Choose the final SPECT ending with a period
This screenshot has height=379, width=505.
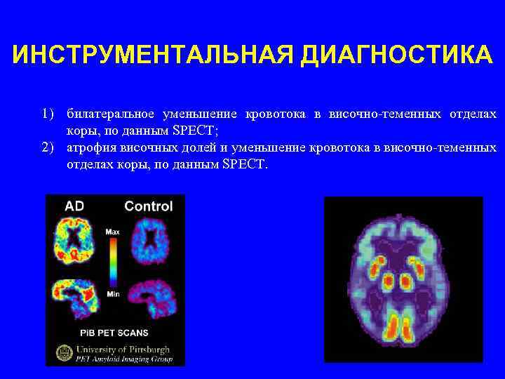click(x=245, y=164)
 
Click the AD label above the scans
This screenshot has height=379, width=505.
click(x=74, y=206)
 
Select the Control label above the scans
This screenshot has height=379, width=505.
click(x=148, y=206)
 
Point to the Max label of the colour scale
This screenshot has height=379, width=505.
click(x=112, y=231)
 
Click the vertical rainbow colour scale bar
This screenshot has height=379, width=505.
click(x=112, y=262)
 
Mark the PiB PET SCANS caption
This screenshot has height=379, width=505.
click(x=114, y=333)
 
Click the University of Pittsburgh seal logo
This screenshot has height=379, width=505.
click(x=64, y=352)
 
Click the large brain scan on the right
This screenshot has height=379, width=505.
click(x=403, y=279)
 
